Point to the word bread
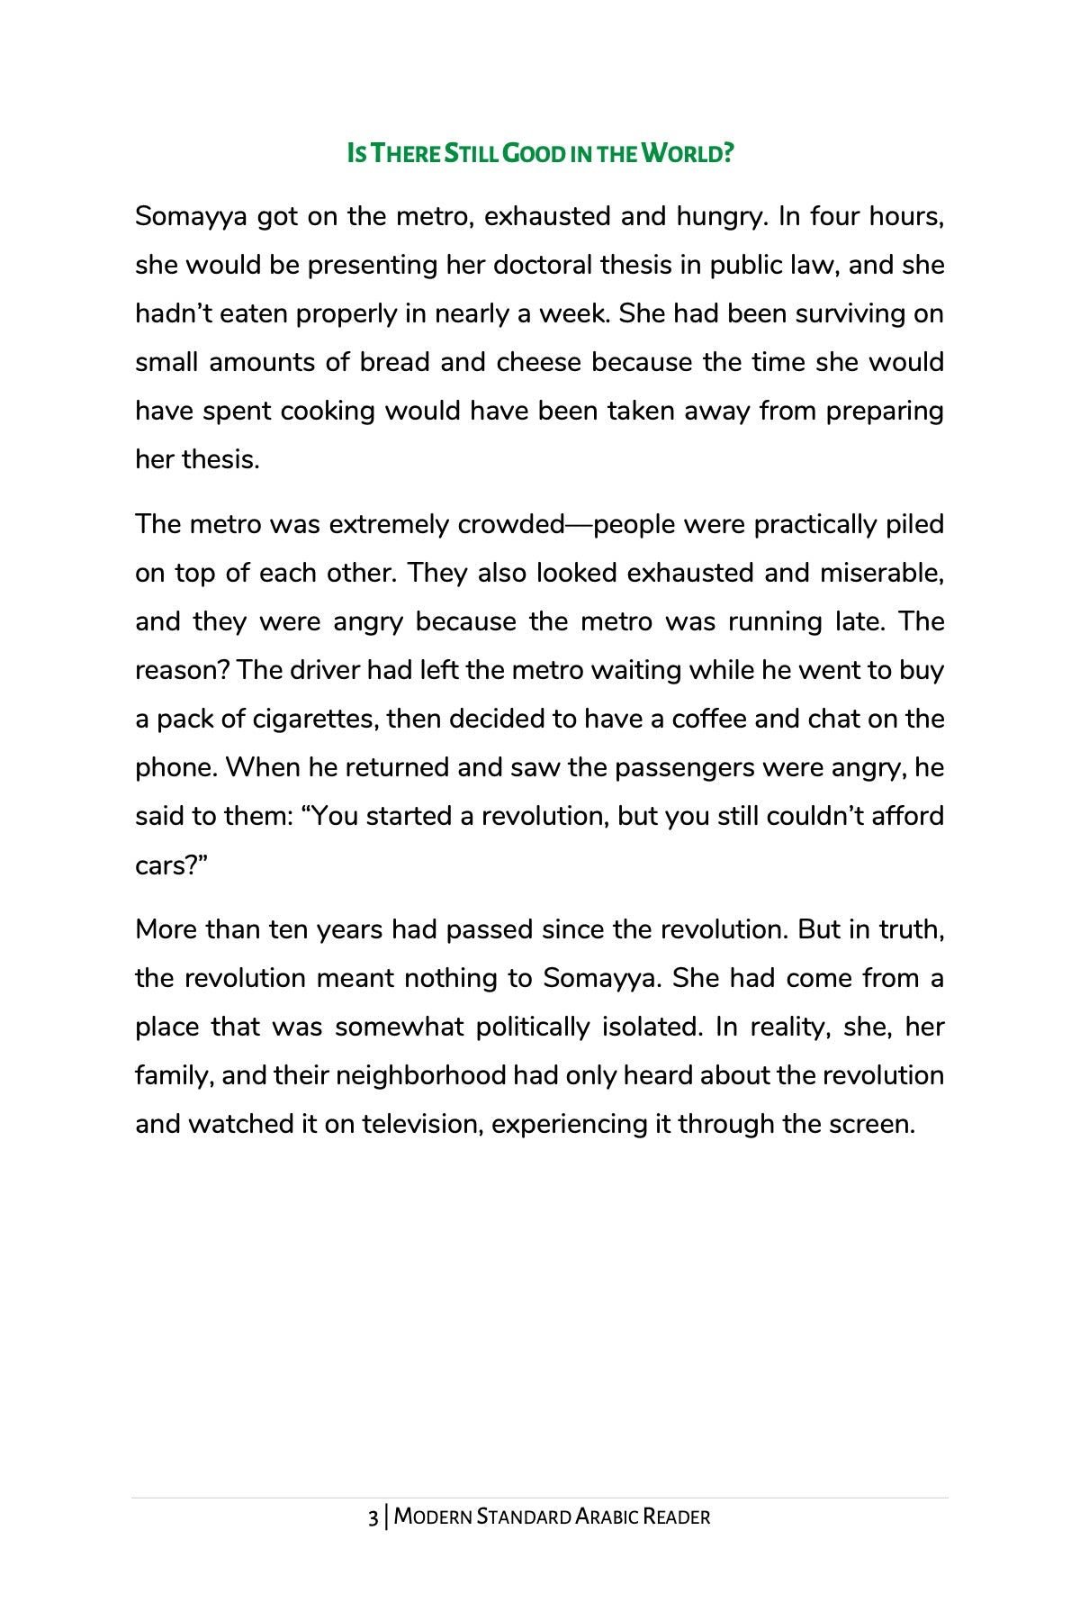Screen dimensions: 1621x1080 point(394,363)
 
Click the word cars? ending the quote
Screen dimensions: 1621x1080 point(171,865)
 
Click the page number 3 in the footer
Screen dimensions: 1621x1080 point(373,1517)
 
